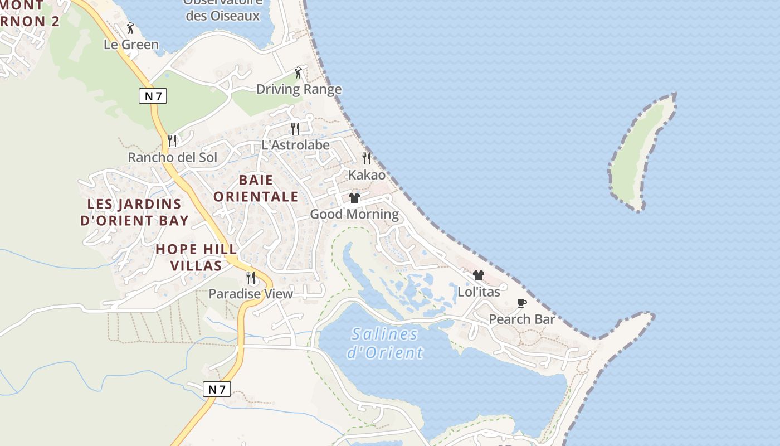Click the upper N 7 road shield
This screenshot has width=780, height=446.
coord(153,96)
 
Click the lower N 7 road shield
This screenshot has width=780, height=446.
coord(216,389)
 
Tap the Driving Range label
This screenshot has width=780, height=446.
coord(299,89)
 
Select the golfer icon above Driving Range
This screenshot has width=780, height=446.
coord(298,72)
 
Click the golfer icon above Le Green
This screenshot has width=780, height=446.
coord(130,28)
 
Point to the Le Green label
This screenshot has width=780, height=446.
coord(131,45)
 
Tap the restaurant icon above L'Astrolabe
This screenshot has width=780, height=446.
coord(295,129)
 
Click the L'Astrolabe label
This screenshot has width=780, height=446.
coord(295,145)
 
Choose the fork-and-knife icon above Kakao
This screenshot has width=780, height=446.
coord(367,158)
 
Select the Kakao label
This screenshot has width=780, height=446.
coord(367,174)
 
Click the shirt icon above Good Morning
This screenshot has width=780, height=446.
coord(354,198)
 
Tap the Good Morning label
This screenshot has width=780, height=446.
coord(354,214)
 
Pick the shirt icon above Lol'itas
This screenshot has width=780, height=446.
coord(479,275)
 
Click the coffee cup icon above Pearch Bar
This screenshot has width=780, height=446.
coord(521,303)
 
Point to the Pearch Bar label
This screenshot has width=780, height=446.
coord(521,319)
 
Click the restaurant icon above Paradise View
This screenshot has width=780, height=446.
coord(251,277)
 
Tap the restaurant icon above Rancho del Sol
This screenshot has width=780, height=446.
coord(172,140)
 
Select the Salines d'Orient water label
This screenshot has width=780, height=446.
coord(385,343)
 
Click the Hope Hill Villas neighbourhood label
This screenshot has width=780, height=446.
coord(196,257)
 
